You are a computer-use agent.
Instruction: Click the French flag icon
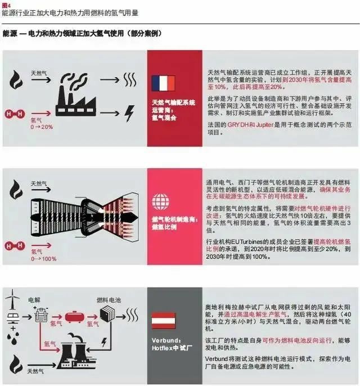[x=163, y=83]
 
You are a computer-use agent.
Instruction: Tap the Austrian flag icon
[x=163, y=321]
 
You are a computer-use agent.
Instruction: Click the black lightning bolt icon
[x=129, y=113]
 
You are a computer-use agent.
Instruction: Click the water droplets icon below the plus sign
[x=12, y=348]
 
